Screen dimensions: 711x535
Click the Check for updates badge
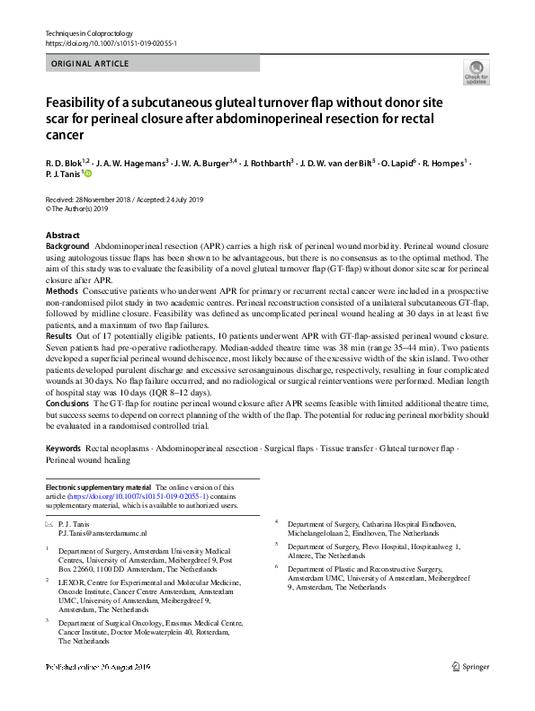pyautogui.click(x=475, y=74)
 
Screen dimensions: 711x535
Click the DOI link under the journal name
pyautogui.click(x=111, y=43)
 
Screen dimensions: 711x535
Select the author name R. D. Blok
pyautogui.click(x=64, y=164)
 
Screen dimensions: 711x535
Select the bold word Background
pyautogui.click(x=67, y=245)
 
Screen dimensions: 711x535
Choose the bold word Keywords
pyautogui.click(x=64, y=447)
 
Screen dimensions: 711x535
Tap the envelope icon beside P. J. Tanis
pyautogui.click(x=49, y=522)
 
